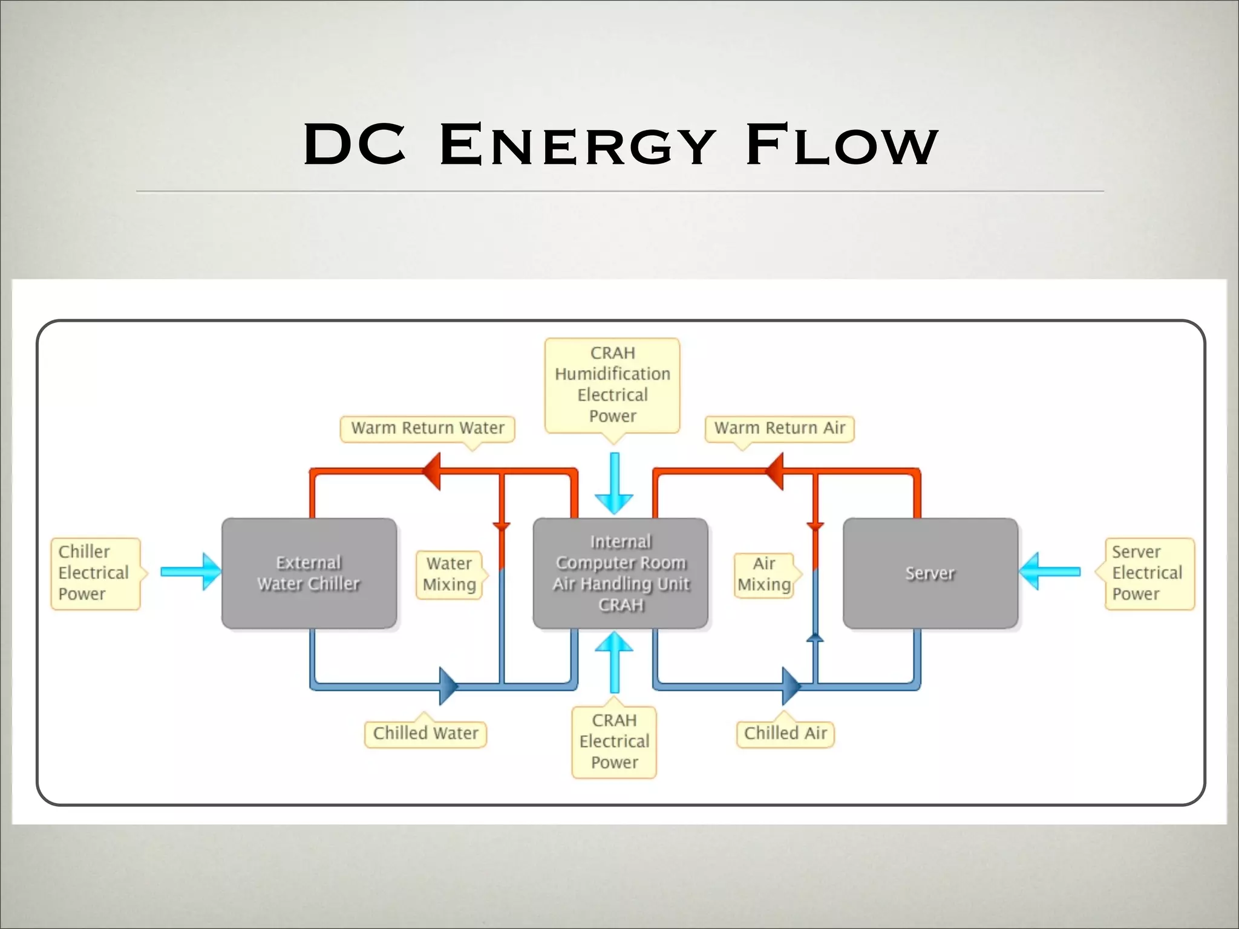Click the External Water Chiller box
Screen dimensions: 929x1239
pyautogui.click(x=309, y=573)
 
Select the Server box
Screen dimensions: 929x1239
pyautogui.click(x=930, y=573)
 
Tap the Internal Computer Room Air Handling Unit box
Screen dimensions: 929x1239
pyautogui.click(x=620, y=573)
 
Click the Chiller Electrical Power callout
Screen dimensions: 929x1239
pyautogui.click(x=95, y=573)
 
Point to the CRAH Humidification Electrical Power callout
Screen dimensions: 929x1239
pyautogui.click(x=612, y=385)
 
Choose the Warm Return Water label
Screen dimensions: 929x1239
pyautogui.click(x=427, y=428)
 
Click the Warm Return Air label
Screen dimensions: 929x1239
pyautogui.click(x=779, y=428)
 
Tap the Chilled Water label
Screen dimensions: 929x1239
pyautogui.click(x=425, y=734)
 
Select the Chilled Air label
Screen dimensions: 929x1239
pyautogui.click(x=785, y=734)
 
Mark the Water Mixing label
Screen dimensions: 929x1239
pyautogui.click(x=449, y=574)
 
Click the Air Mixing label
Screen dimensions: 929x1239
pyautogui.click(x=764, y=574)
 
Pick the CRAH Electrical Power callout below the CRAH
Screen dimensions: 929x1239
pyautogui.click(x=614, y=742)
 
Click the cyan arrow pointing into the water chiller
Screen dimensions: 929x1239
pyautogui.click(x=191, y=572)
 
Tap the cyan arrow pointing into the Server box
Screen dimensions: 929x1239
pyautogui.click(x=1050, y=572)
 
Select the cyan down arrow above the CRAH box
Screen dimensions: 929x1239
pyautogui.click(x=614, y=484)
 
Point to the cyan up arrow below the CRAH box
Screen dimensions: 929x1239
pyautogui.click(x=614, y=661)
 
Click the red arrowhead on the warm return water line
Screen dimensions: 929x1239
pyautogui.click(x=432, y=471)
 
